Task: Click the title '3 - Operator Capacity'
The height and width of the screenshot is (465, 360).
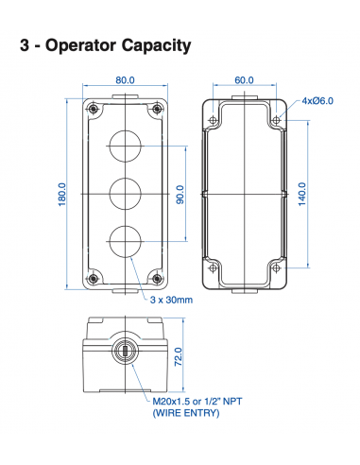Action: click(106, 44)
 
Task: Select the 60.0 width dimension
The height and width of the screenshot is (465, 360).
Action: click(245, 80)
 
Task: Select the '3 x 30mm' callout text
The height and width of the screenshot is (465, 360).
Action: click(171, 300)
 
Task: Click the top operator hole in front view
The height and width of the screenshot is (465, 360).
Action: click(124, 146)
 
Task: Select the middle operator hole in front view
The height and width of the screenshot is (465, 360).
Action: click(124, 194)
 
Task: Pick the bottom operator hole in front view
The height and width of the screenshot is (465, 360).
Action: click(124, 241)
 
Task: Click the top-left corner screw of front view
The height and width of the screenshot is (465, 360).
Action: click(94, 111)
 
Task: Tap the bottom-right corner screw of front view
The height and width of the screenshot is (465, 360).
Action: click(154, 277)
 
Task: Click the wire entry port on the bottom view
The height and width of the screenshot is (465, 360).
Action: click(124, 353)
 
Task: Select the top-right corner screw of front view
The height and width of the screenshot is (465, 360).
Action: click(154, 111)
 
